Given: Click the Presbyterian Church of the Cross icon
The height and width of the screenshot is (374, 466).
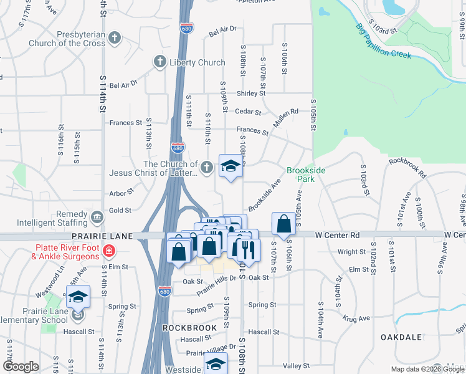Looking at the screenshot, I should click(114, 38).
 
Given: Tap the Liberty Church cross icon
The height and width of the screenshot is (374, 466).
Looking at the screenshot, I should click(160, 62).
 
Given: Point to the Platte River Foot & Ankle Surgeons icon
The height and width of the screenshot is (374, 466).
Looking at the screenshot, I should click(109, 251).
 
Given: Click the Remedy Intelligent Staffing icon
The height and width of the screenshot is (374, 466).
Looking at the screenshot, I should click(97, 218).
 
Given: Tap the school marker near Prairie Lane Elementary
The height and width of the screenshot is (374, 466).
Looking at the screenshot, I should click(78, 297).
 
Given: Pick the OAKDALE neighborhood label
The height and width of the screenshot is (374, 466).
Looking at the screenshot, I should click(402, 337).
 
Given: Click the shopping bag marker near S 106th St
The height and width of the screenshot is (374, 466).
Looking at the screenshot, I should click(283, 224).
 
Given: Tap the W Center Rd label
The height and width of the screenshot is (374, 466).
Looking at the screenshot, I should click(338, 235).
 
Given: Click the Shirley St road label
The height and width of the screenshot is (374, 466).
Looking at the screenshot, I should click(250, 93).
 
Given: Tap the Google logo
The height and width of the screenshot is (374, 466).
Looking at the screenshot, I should click(21, 367).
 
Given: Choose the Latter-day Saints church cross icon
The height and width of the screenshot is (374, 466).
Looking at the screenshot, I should click(207, 167).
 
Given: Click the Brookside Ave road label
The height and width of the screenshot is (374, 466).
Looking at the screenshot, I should click(265, 195).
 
